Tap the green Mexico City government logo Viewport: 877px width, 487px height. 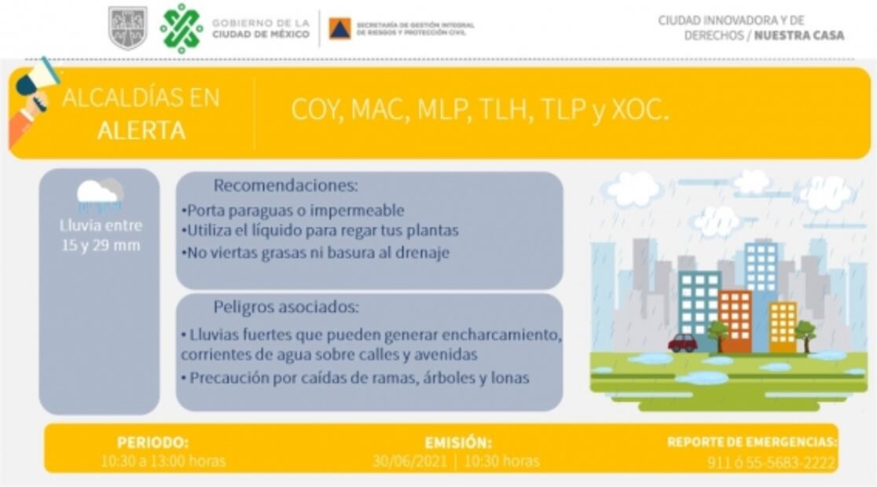tap(182, 29)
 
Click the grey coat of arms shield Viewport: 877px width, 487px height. tap(127, 28)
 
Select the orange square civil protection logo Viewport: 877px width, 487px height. tap(339, 28)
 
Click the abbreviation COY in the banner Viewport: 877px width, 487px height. tap(317, 111)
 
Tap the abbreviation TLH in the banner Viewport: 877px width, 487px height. tap(500, 111)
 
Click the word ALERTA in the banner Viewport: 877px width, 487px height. tap(141, 130)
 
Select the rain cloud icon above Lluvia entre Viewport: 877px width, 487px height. tap(100, 194)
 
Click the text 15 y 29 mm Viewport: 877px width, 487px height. tap(101, 245)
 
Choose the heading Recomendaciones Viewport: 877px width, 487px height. tap(285, 186)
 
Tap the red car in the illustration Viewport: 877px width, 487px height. tap(682, 342)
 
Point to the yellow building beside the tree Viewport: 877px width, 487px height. tap(783, 326)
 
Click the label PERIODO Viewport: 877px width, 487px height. tap(152, 442)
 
